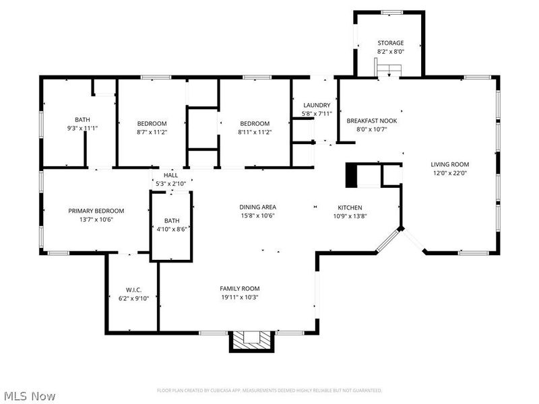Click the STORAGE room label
(391, 43)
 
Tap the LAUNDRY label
(317, 105)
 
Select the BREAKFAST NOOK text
(372, 121)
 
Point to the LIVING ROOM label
(449, 164)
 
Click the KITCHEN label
(350, 207)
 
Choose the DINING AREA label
(258, 207)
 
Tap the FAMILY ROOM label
(240, 289)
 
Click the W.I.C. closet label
(133, 290)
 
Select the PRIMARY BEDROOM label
(96, 211)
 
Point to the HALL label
(171, 176)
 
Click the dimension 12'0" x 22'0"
(449, 173)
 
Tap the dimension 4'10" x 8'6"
(172, 229)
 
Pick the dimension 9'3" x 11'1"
(82, 128)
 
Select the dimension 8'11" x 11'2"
(255, 132)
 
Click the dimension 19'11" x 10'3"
(240, 298)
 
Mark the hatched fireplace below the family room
(251, 341)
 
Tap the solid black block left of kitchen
(351, 175)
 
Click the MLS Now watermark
(30, 396)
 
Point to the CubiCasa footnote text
(269, 391)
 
